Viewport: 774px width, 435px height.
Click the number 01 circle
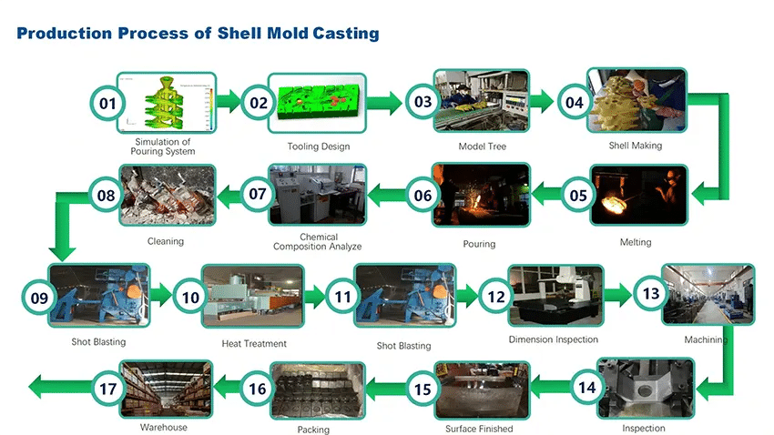point(107,103)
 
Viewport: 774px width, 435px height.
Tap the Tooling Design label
point(319,147)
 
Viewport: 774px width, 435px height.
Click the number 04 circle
point(574,102)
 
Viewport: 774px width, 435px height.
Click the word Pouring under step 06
point(479,244)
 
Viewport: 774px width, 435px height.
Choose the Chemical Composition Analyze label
point(318,242)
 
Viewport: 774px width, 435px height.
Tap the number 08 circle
point(107,194)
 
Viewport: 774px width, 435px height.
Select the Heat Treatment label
point(254,344)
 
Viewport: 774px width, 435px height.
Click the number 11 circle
point(342,297)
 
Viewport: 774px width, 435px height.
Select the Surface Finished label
point(479,429)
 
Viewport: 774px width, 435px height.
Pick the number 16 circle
point(259,389)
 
